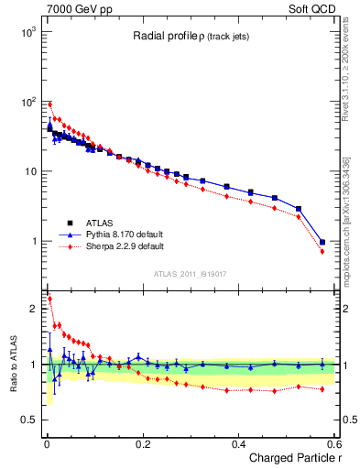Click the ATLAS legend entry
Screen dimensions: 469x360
click(x=100, y=223)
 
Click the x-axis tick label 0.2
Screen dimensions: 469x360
click(x=142, y=443)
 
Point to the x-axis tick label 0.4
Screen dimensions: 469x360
click(x=238, y=443)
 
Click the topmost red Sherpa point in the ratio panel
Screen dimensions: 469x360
click(x=49, y=299)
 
